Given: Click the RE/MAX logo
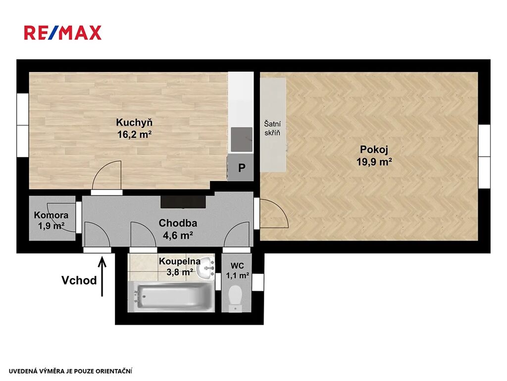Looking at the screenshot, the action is pos(63,33).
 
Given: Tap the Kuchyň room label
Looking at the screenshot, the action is pos(134,123).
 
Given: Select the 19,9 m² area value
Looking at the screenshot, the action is pos(374,161).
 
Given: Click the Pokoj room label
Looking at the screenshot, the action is pos(374,150).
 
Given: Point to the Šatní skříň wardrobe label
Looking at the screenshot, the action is pos(272,128).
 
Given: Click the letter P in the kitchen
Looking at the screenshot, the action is pos(242,168).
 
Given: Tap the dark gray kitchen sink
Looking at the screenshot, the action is pos(241,139).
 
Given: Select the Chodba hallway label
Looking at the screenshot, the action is pos(178,223).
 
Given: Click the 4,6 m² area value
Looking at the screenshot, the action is pos(178,235).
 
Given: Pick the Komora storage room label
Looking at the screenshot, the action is pos(51,215).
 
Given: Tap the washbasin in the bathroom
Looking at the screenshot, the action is pos(206,267).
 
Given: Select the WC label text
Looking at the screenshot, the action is pos(237,266).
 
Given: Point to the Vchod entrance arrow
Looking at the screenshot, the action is pos(102,276).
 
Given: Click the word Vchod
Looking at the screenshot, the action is pos(79,280).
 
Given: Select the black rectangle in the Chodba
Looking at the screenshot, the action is pos(183,202).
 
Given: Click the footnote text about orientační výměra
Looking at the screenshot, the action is pos(70,371).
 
